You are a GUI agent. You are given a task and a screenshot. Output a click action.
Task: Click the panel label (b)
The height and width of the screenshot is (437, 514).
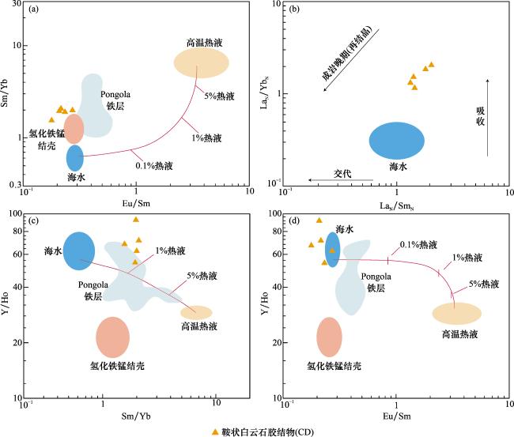(x=294, y=10)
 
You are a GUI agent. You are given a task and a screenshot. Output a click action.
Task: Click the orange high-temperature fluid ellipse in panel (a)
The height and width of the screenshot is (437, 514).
(x=203, y=62)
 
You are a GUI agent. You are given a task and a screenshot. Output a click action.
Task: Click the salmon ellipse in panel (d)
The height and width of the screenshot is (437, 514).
(x=329, y=336)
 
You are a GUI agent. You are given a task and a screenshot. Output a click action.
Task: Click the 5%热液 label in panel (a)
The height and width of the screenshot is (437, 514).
(x=219, y=96)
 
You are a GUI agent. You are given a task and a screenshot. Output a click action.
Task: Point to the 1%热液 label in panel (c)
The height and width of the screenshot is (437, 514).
(x=170, y=251)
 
